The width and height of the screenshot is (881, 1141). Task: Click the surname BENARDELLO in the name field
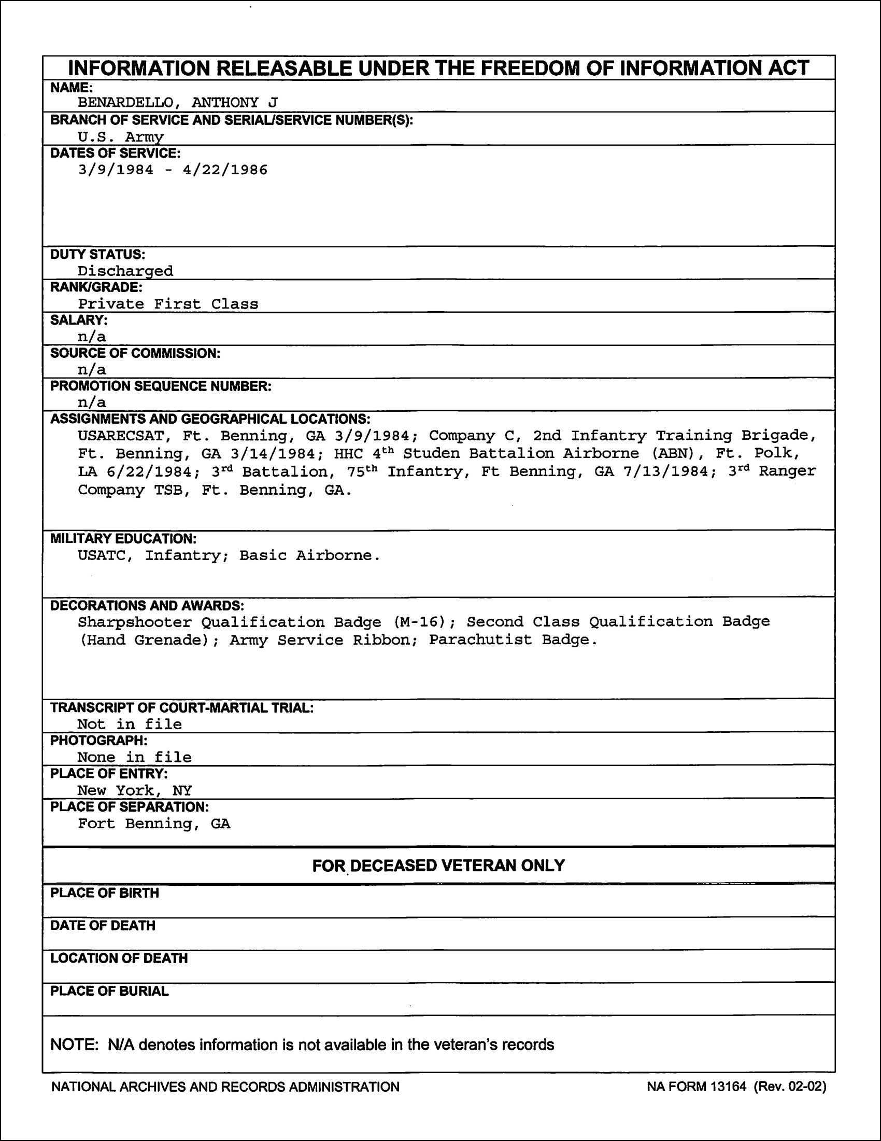(125, 102)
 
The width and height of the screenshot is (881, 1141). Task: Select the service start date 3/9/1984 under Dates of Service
(116, 170)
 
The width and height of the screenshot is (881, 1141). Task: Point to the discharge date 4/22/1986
(225, 170)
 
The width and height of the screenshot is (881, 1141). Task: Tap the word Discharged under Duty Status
(125, 271)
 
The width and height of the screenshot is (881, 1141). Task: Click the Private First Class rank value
(168, 304)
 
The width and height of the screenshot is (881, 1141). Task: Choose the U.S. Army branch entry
(121, 137)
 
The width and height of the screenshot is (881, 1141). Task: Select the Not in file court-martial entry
(130, 724)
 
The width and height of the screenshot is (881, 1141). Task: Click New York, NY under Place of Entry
(135, 790)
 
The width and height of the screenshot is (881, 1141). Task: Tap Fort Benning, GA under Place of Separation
(154, 824)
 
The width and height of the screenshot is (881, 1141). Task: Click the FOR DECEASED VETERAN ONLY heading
(438, 866)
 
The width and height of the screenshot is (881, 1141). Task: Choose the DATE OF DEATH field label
(103, 926)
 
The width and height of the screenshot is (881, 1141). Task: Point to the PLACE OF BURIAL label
(109, 991)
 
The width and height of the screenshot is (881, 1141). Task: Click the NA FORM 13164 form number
(697, 1087)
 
